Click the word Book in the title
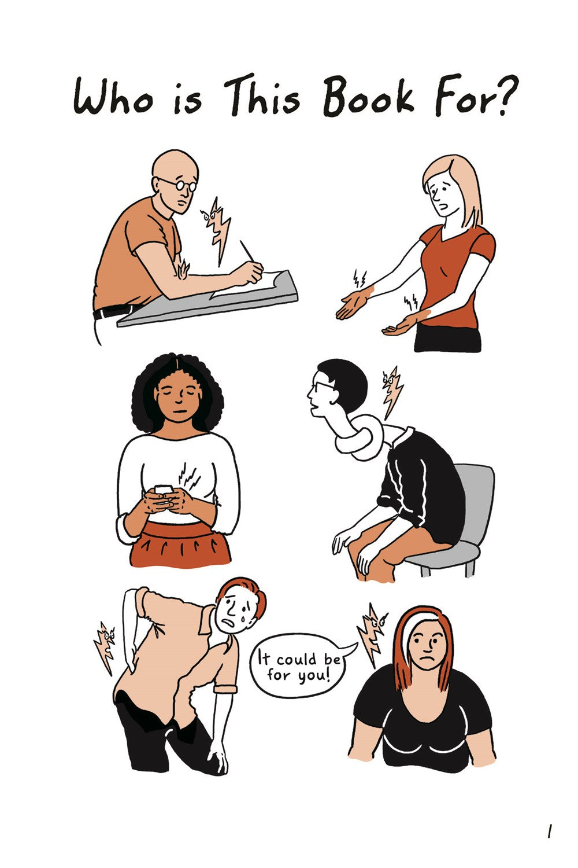(x=368, y=97)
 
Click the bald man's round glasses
(x=179, y=184)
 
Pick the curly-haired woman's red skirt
(x=180, y=544)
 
